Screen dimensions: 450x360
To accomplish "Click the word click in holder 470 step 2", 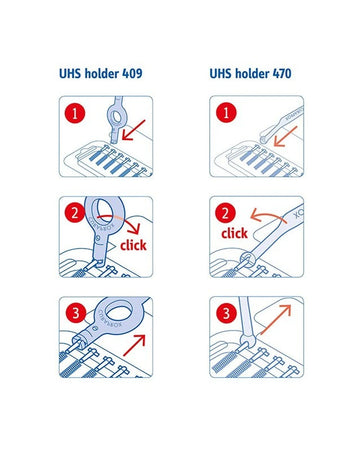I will coord(233,233).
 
